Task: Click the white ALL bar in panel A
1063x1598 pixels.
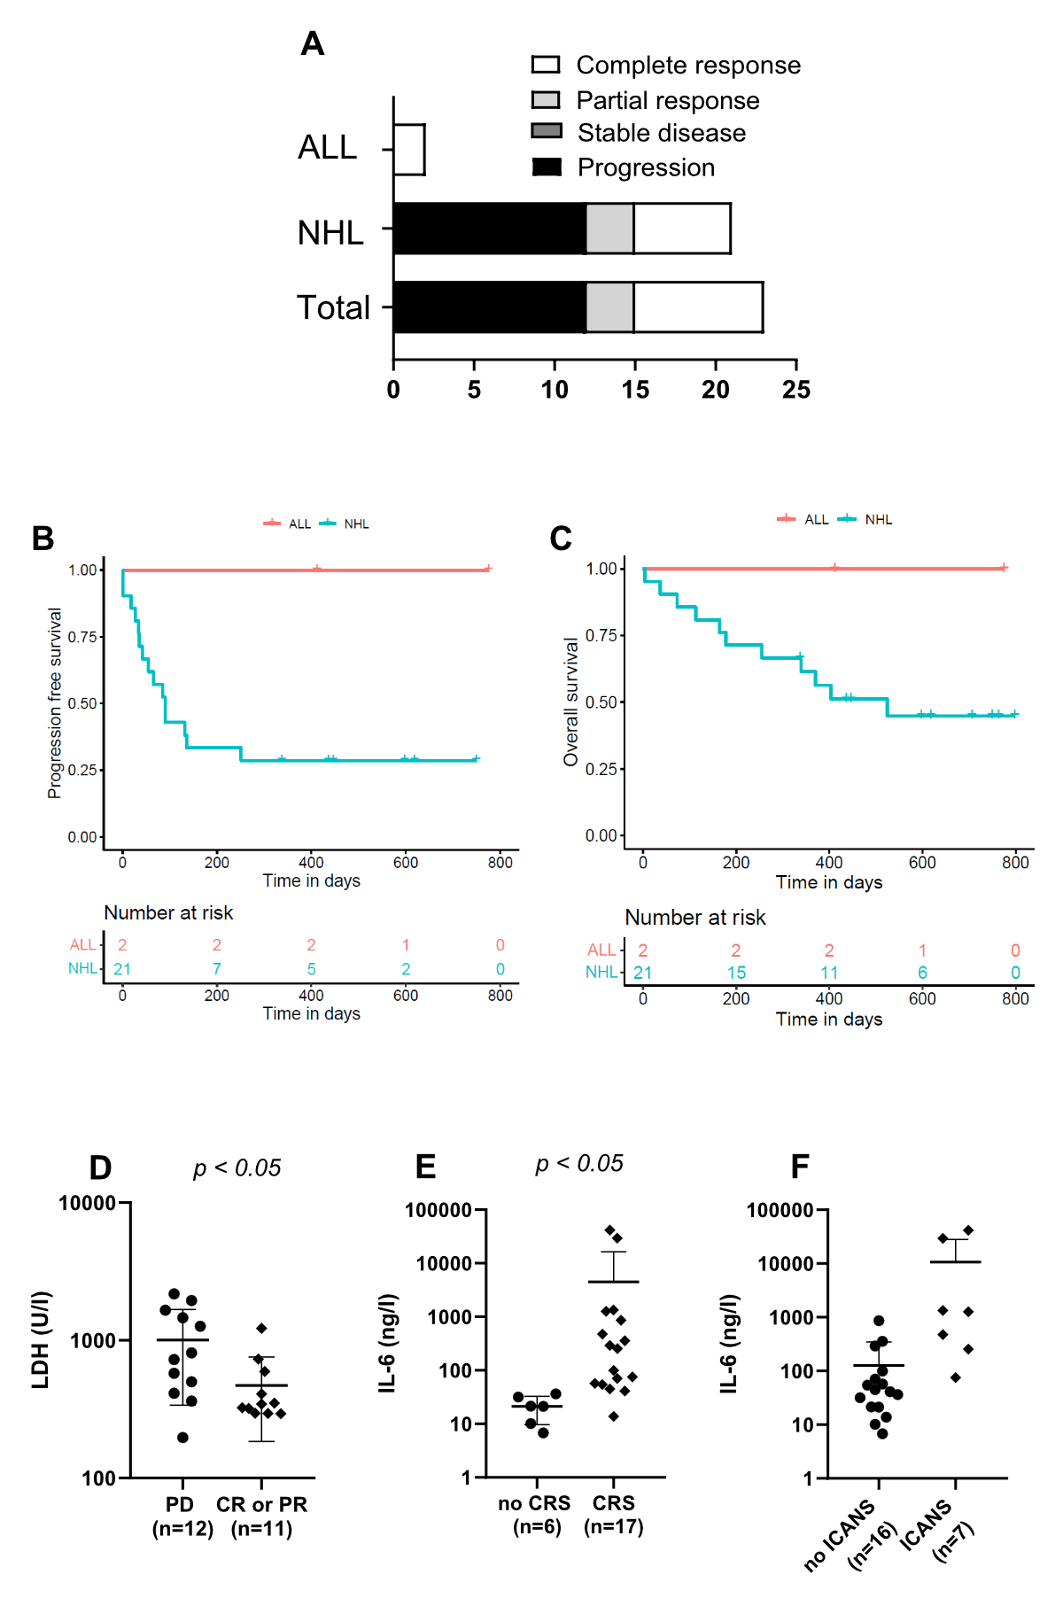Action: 409,150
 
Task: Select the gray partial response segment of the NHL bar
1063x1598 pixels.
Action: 610,229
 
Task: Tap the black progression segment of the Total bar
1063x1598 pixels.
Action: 489,307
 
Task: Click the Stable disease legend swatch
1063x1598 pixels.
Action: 547,131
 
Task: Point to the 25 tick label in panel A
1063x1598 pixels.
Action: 795,390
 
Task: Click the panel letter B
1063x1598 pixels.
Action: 43,539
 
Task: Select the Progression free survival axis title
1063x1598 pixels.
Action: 55,703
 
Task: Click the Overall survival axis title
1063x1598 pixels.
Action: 570,702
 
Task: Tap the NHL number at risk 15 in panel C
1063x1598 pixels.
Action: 736,973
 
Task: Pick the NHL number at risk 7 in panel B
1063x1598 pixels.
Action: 217,969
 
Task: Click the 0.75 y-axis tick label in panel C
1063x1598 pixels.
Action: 601,635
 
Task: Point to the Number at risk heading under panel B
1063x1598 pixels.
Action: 168,912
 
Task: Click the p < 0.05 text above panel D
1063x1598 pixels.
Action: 237,1168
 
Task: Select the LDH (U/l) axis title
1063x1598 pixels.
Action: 41,1339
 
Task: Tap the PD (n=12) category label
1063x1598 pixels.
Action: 182,1517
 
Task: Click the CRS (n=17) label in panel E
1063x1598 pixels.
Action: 614,1515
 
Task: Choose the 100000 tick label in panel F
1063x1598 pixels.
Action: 780,1210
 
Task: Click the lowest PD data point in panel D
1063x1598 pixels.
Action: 182,1438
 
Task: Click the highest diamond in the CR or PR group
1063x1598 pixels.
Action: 261,1329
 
